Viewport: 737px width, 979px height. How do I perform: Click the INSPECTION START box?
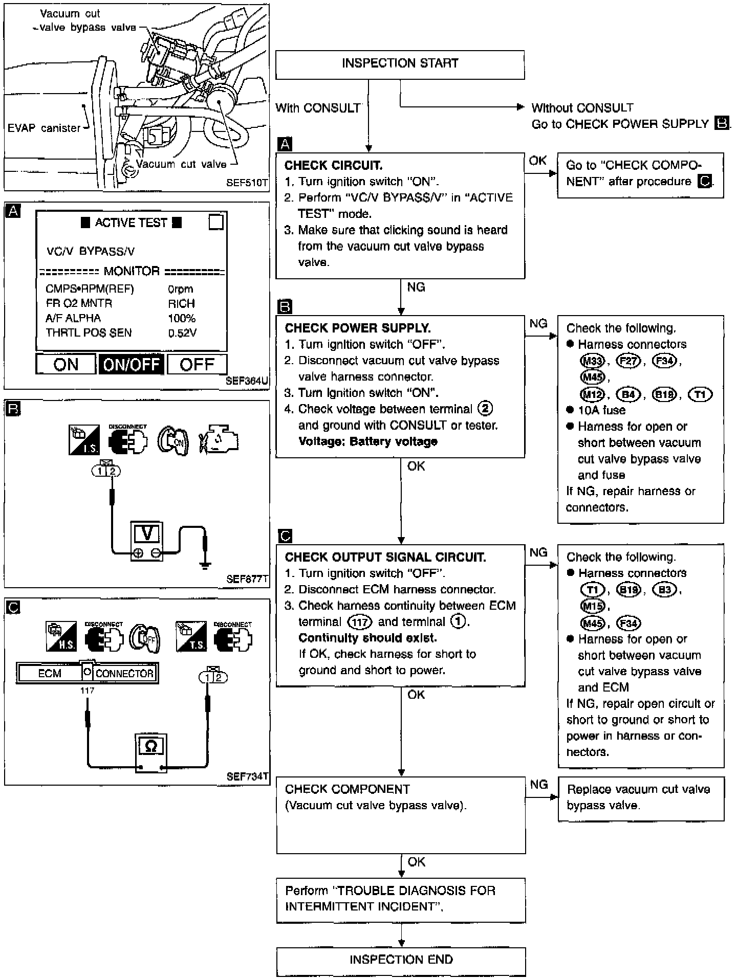tap(400, 64)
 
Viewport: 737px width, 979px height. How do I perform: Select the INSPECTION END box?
tap(401, 962)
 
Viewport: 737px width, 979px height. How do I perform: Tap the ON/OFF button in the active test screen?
tap(132, 364)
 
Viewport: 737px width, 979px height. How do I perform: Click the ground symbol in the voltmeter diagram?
tap(205, 565)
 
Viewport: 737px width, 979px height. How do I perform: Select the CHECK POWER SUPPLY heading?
tap(358, 328)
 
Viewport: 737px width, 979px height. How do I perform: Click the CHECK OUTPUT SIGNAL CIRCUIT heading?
tap(385, 557)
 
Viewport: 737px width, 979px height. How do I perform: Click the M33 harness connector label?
tap(592, 361)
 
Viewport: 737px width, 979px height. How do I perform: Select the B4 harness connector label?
tap(628, 394)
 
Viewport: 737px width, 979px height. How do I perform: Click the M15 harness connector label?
tap(592, 607)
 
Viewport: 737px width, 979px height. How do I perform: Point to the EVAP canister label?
tap(44, 128)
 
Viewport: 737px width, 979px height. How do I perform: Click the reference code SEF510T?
tap(247, 183)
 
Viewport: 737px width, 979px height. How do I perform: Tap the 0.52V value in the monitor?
tap(182, 333)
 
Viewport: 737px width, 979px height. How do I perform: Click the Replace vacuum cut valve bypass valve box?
tap(641, 799)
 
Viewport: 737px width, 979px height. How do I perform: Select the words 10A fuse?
tap(601, 410)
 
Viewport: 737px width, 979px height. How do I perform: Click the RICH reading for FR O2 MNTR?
tap(181, 303)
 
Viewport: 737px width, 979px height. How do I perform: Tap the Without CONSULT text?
tap(582, 108)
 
